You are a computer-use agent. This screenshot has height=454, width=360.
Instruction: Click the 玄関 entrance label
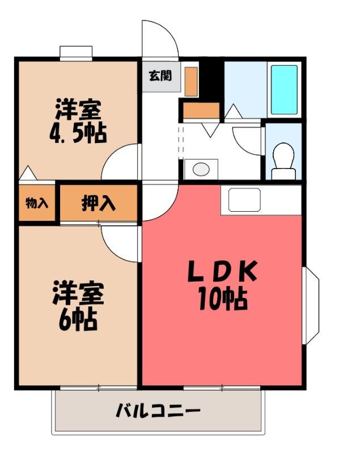160,76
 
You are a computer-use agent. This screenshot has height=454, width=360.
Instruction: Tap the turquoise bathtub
284,90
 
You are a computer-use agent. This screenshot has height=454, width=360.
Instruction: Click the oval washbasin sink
201,169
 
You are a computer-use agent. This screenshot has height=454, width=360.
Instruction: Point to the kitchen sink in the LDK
244,200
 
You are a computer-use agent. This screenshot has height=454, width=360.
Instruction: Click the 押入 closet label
99,203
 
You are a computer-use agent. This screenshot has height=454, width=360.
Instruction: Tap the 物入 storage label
37,203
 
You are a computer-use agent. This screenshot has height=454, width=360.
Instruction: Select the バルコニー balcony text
158,410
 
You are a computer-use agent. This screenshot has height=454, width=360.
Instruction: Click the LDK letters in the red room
222,271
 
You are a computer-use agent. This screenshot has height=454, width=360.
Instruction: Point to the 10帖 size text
222,299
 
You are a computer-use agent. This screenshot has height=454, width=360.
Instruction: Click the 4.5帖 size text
78,133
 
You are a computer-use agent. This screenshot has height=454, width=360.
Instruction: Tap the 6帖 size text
78,320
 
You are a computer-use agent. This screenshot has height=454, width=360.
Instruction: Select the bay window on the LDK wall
311,305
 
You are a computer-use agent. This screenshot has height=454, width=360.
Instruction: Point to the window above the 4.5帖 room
76,53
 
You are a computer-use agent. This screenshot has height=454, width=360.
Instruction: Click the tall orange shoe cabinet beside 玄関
191,81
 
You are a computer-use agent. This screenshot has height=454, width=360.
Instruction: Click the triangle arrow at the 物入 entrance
28,173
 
